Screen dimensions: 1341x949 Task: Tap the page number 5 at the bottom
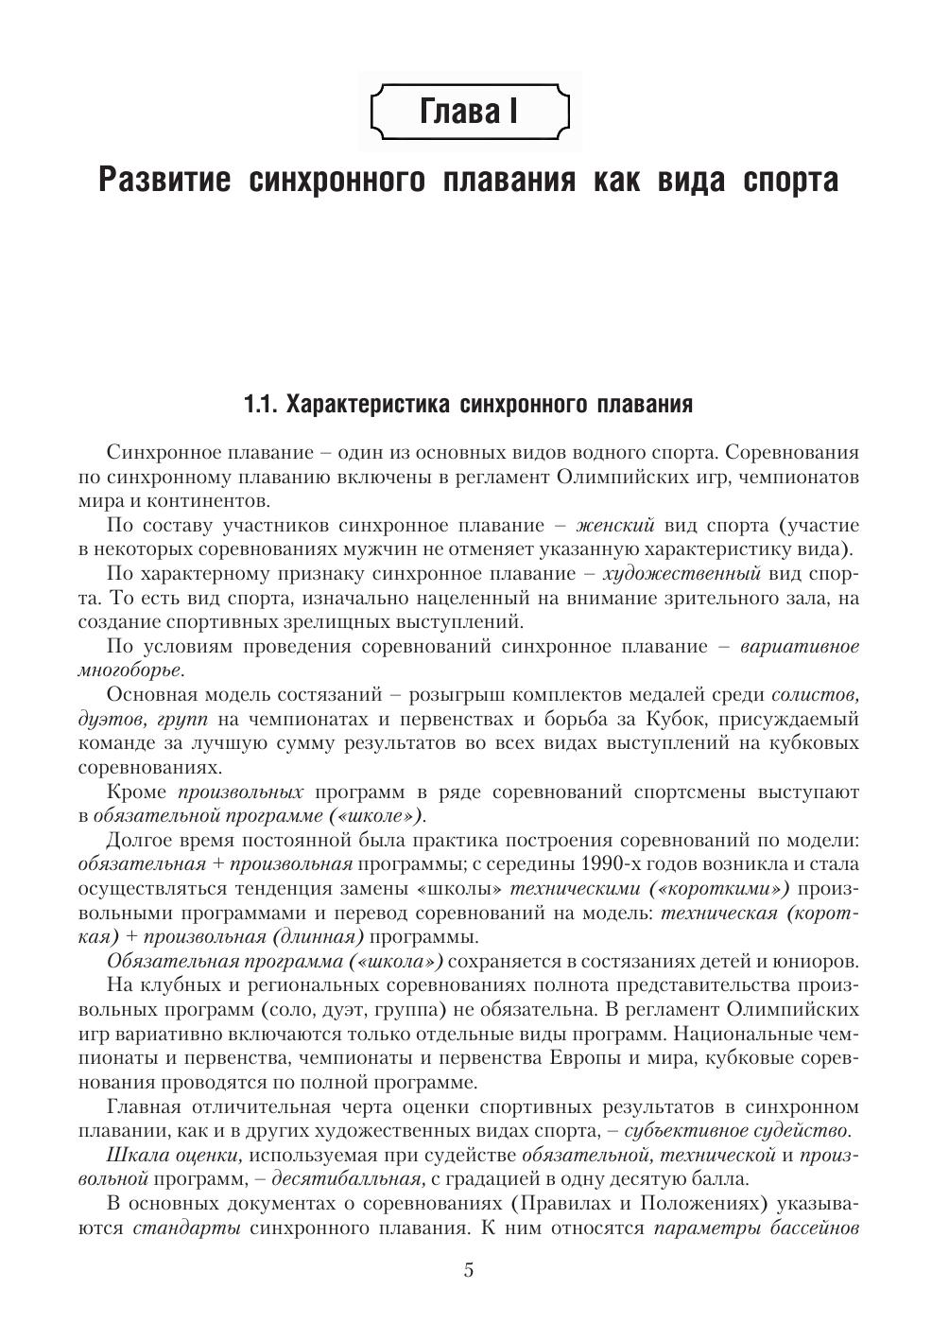pyautogui.click(x=469, y=1269)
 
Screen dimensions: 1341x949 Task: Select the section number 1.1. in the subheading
pyautogui.click(x=261, y=405)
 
